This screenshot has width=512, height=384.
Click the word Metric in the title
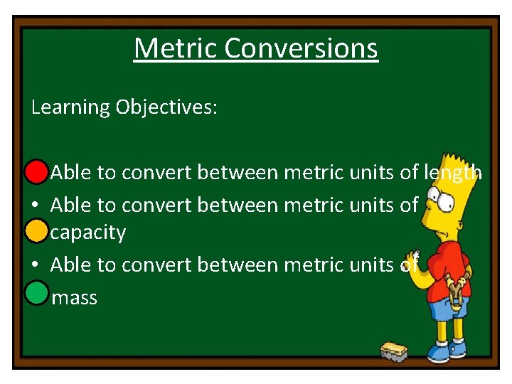pyautogui.click(x=176, y=48)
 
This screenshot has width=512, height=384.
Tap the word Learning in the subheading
pyautogui.click(x=70, y=107)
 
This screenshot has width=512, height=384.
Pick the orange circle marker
pyautogui.click(x=36, y=231)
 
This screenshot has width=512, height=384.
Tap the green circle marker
pyautogui.click(x=36, y=292)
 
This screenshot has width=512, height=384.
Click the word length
pyautogui.click(x=453, y=172)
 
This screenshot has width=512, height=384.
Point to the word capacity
pyautogui.click(x=88, y=233)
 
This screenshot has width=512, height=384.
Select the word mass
pyautogui.click(x=75, y=297)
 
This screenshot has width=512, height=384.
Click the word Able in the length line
pyautogui.click(x=70, y=172)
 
